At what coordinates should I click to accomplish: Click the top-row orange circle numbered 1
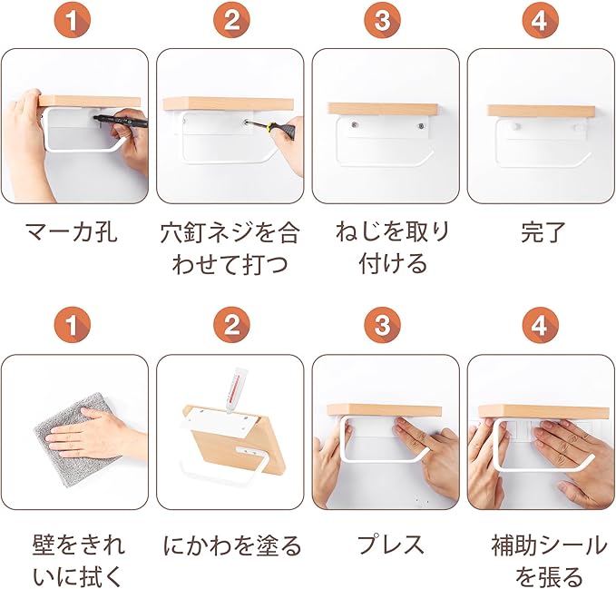point(73,20)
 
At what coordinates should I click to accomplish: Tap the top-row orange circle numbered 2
point(231,20)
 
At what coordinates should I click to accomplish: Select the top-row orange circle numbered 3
point(382,20)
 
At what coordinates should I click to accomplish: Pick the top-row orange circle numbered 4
point(540,20)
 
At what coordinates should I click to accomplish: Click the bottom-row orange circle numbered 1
point(73,325)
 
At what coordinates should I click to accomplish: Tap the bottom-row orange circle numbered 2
point(231,325)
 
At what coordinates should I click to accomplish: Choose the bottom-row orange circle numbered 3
point(382,325)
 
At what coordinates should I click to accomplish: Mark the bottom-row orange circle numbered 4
point(540,325)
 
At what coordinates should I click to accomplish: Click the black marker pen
point(122,121)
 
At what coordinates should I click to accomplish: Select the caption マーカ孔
point(72,232)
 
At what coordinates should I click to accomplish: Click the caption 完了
point(543,232)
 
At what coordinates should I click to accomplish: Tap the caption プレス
point(390,545)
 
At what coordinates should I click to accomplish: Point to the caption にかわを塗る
point(231,545)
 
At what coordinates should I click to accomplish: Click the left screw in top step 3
point(355,125)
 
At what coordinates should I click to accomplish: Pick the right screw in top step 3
point(422,126)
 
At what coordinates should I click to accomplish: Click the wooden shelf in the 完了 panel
point(540,111)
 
